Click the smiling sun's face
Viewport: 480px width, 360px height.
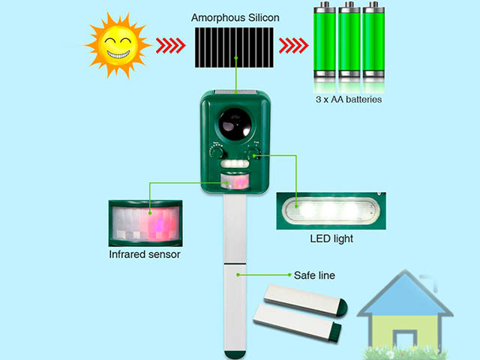pos(118,45)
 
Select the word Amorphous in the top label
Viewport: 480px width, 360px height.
pos(218,18)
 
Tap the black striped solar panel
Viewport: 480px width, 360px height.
pos(234,47)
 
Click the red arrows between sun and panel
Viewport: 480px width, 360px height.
pos(170,46)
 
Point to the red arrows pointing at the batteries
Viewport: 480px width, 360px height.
pos(293,46)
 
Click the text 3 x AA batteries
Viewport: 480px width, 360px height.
pos(349,100)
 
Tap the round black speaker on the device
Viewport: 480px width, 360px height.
pos(235,123)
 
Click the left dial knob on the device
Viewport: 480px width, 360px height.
pos(217,152)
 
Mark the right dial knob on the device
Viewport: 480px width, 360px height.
pos(253,152)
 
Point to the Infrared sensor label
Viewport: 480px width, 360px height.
pos(145,254)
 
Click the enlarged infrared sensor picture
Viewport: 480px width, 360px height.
pos(145,223)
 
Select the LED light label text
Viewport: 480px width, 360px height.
pos(331,238)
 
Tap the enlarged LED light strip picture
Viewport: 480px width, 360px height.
pos(331,211)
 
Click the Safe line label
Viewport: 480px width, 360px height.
pos(314,275)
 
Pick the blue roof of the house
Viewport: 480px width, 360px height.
pos(405,293)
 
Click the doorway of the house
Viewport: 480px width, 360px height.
pos(405,339)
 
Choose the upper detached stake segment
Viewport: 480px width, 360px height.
pos(305,300)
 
